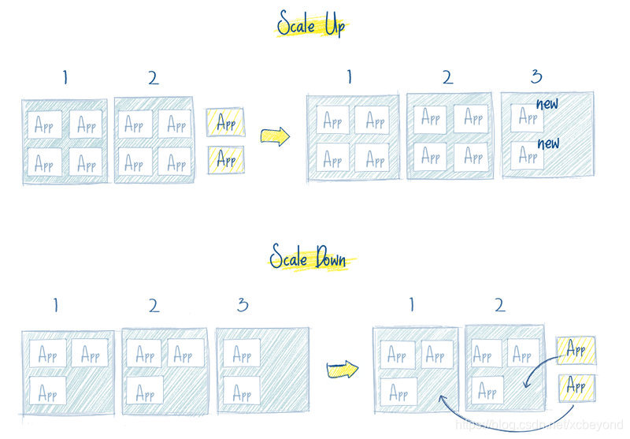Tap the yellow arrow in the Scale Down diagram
[x=343, y=367]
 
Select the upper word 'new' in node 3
[x=548, y=103]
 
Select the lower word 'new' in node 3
[x=548, y=143]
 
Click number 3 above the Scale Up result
[x=537, y=76]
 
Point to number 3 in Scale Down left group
[x=242, y=305]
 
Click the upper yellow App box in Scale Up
[x=225, y=122]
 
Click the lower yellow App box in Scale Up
[x=225, y=159]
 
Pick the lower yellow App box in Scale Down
[x=576, y=386]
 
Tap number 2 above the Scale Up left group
[x=152, y=77]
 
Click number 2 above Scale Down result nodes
[x=498, y=303]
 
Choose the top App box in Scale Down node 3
[x=241, y=353]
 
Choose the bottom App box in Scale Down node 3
[x=241, y=390]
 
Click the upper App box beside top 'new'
[x=526, y=118]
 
